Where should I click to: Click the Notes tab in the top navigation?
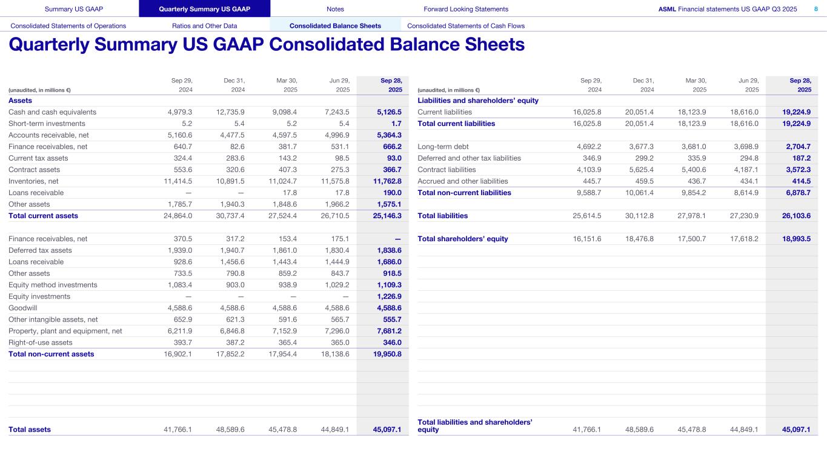pos(335,9)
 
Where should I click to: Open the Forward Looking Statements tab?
pos(466,9)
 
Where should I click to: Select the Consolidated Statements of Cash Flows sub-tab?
pos(466,26)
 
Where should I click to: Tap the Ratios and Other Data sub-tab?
pos(204,26)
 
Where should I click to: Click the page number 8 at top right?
pos(815,9)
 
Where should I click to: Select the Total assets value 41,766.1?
pos(178,430)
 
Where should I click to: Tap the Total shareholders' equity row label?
pos(463,239)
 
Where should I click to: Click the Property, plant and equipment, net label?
pos(65,331)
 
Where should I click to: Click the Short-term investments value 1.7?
pos(396,124)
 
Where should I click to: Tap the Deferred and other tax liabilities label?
pos(469,158)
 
